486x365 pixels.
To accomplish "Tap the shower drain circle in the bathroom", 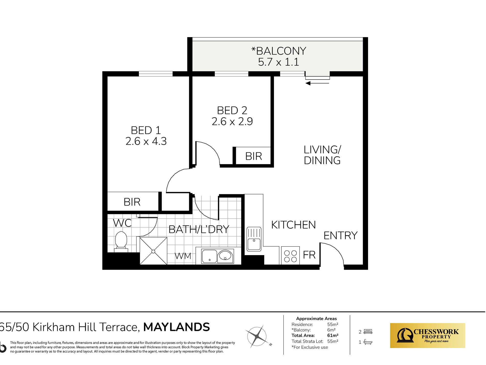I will (153, 252).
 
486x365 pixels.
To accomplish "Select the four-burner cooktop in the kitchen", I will (290, 256).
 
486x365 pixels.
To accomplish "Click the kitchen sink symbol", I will (254, 239).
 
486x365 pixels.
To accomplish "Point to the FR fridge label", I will (309, 255).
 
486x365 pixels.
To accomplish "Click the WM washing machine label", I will (183, 256).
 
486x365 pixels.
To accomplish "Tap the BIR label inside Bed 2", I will (253, 156).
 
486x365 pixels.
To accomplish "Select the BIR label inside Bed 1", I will (132, 202).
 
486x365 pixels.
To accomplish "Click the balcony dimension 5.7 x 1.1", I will (279, 62).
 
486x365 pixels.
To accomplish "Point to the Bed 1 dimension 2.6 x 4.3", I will (146, 141).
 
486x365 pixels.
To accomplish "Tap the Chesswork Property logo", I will (427, 336).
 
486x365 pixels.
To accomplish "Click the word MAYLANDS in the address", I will (176, 327).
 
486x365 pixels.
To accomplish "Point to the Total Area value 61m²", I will (333, 336).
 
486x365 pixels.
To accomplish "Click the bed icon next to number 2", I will (368, 332).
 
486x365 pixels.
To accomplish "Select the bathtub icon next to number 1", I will (368, 342).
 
